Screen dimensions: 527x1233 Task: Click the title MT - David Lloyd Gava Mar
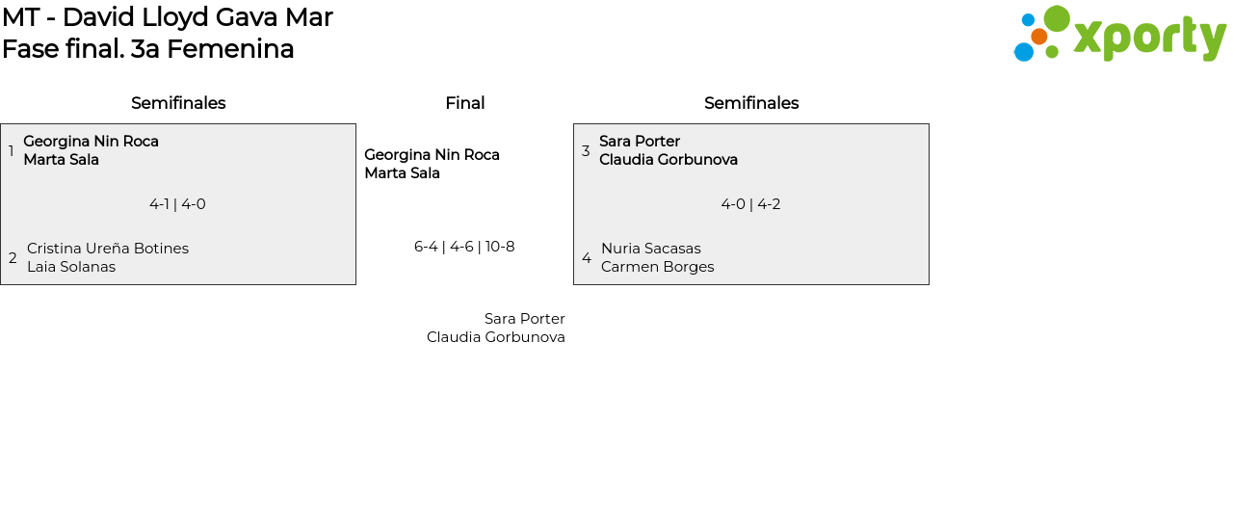[168, 17]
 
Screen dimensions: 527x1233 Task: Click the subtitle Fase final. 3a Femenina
[148, 49]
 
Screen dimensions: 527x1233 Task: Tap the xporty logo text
[1149, 38]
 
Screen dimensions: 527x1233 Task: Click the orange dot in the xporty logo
[1038, 37]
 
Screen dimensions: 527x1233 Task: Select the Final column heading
[464, 103]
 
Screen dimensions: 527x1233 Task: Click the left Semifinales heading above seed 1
[178, 103]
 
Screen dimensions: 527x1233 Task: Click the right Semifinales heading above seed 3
[751, 103]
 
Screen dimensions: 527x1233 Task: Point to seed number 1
[12, 151]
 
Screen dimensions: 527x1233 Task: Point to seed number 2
[13, 258]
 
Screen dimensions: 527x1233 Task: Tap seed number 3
[586, 151]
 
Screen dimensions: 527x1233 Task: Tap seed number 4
[587, 258]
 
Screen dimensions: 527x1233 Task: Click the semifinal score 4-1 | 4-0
[177, 204]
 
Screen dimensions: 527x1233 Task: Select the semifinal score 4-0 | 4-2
[750, 204]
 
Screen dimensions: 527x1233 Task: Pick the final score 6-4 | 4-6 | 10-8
[464, 247]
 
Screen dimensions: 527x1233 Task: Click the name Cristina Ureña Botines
[108, 249]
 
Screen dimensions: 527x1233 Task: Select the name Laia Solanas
[71, 267]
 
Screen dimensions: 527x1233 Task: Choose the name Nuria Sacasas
[651, 249]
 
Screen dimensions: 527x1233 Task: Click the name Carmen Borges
[658, 267]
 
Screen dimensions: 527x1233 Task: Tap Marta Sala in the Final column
[402, 173]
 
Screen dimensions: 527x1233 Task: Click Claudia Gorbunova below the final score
[496, 337]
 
